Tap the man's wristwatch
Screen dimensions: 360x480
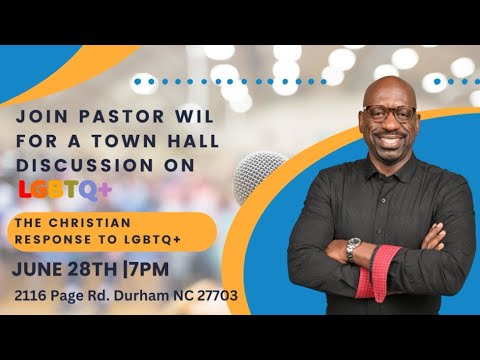[352, 249]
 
